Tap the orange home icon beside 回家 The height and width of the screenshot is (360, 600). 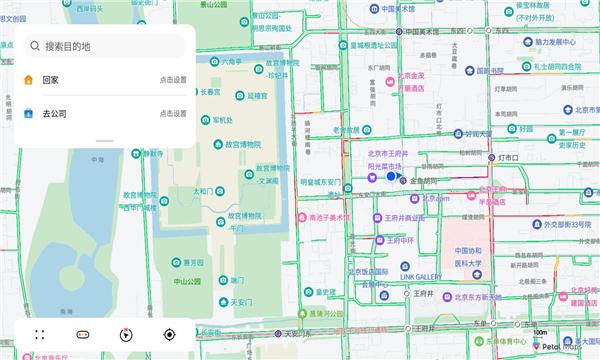(x=28, y=80)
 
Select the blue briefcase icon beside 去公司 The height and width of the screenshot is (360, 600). (x=28, y=114)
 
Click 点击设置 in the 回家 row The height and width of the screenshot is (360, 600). (x=172, y=80)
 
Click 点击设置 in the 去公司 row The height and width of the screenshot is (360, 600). (x=172, y=114)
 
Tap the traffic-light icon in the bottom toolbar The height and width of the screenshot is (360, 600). (x=83, y=335)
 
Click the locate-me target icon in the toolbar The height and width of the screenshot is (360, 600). (x=169, y=335)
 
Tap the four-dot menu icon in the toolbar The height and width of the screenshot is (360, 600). (x=40, y=335)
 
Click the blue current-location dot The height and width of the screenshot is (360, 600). (x=391, y=176)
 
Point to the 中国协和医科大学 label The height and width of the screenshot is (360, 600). (x=468, y=257)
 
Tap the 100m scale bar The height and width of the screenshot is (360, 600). (x=542, y=333)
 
